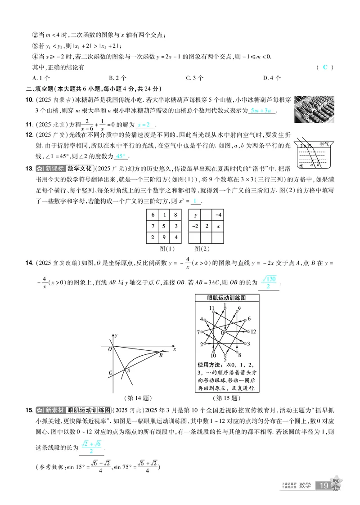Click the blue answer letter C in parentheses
coord(325,67)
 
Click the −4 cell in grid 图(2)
coord(218,215)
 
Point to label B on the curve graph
coord(161,356)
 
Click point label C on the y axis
coord(110,372)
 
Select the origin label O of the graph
coord(110,348)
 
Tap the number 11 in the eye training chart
coord(211,308)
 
